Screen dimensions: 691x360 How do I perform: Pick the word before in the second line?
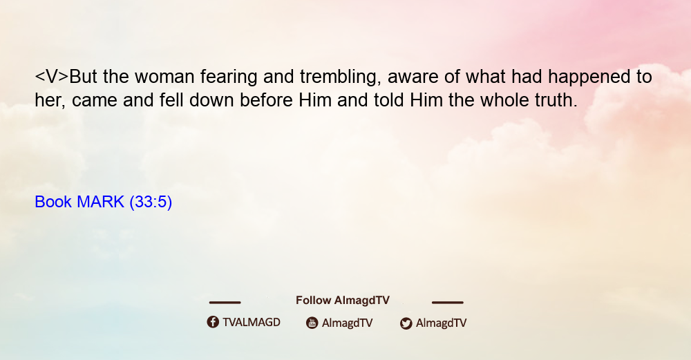click(x=266, y=100)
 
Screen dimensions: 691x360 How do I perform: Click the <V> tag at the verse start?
click(x=52, y=77)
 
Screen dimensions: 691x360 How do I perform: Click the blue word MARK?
click(x=100, y=202)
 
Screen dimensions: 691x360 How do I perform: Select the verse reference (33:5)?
click(x=151, y=202)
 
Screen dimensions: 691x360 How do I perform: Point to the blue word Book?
click(x=53, y=202)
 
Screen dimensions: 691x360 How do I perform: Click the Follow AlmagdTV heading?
click(x=343, y=301)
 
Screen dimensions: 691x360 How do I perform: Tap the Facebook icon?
click(x=213, y=322)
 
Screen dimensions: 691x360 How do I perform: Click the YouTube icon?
click(x=312, y=323)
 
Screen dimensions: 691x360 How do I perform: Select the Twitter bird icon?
click(x=406, y=323)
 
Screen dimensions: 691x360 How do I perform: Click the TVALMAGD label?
click(x=252, y=323)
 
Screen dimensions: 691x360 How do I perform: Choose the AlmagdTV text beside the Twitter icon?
click(x=441, y=323)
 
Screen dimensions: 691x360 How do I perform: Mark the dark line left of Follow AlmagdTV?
click(x=225, y=303)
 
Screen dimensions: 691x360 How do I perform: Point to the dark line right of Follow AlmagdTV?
click(x=448, y=303)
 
